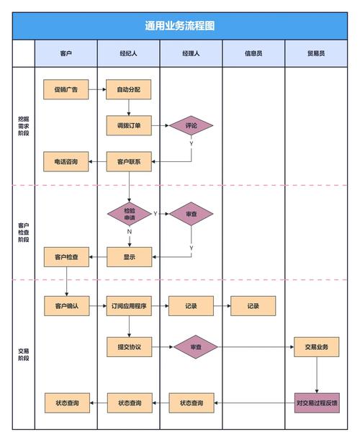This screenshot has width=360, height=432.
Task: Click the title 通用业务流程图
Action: click(x=180, y=26)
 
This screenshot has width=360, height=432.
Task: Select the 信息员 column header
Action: click(x=253, y=53)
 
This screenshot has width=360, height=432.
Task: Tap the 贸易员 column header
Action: click(x=316, y=53)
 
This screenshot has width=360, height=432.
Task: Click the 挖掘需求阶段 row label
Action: click(x=24, y=125)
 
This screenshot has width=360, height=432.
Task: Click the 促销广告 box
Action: click(x=66, y=90)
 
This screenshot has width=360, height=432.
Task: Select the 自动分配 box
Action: click(x=129, y=90)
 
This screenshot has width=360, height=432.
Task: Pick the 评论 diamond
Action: click(x=191, y=126)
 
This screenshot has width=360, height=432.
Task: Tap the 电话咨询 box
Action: click(x=66, y=162)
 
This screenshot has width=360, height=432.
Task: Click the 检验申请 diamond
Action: click(x=129, y=214)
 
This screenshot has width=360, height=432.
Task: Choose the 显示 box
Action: click(x=129, y=257)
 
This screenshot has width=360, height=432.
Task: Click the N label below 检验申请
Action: click(x=130, y=232)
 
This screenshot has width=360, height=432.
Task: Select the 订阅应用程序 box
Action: click(x=129, y=306)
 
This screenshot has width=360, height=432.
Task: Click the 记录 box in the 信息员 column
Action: click(x=253, y=306)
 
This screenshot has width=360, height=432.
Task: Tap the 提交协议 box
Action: click(x=129, y=347)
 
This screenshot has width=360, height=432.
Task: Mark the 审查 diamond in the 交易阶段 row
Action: click(x=195, y=347)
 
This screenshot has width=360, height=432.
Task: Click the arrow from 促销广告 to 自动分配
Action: click(x=98, y=90)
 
